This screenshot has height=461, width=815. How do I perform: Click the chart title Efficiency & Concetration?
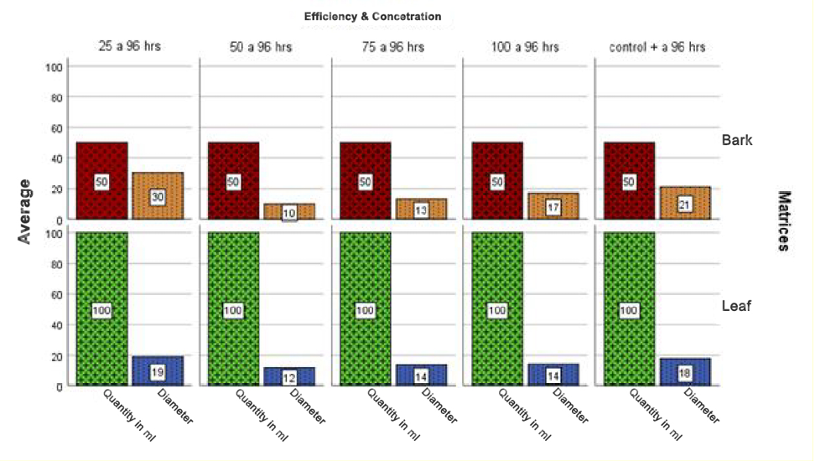coord(372,16)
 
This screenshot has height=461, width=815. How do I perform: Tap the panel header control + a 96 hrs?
coord(657,46)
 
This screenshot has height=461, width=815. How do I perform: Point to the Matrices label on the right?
coord(785,220)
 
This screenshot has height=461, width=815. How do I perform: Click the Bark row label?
coord(736,140)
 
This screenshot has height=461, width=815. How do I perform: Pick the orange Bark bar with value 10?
coord(289,210)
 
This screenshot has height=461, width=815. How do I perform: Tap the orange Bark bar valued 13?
coord(421,209)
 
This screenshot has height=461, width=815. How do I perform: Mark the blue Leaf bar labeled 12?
coord(289,376)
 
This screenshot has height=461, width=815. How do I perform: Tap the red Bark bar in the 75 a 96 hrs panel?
coord(366,180)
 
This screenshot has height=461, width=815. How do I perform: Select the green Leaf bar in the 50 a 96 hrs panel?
coord(233,309)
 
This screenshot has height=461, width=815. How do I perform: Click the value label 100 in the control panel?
coord(629,311)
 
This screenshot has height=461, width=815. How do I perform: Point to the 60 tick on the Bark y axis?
coord(57,127)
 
